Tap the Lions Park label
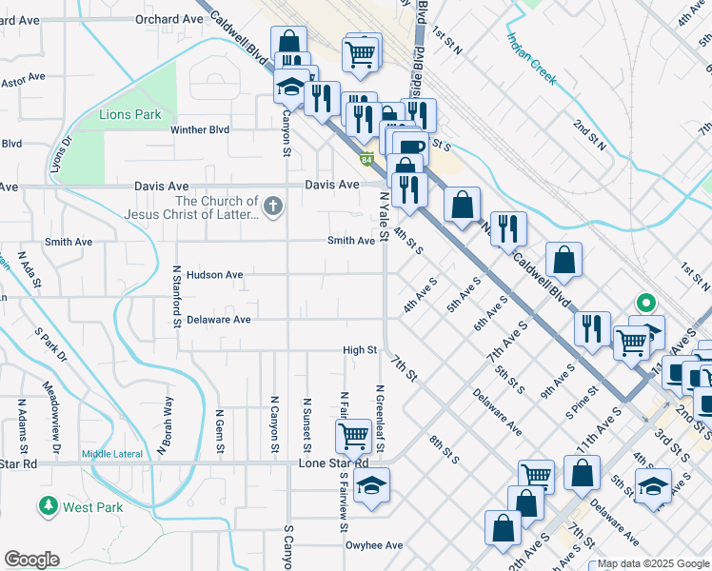point(130,115)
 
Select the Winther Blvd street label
point(200,129)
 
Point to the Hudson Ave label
point(214,275)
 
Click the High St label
point(360,350)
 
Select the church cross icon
point(273,206)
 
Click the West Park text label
point(93,507)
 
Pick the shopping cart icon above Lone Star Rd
point(353,436)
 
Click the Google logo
point(31,560)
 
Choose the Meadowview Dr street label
point(50,418)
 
